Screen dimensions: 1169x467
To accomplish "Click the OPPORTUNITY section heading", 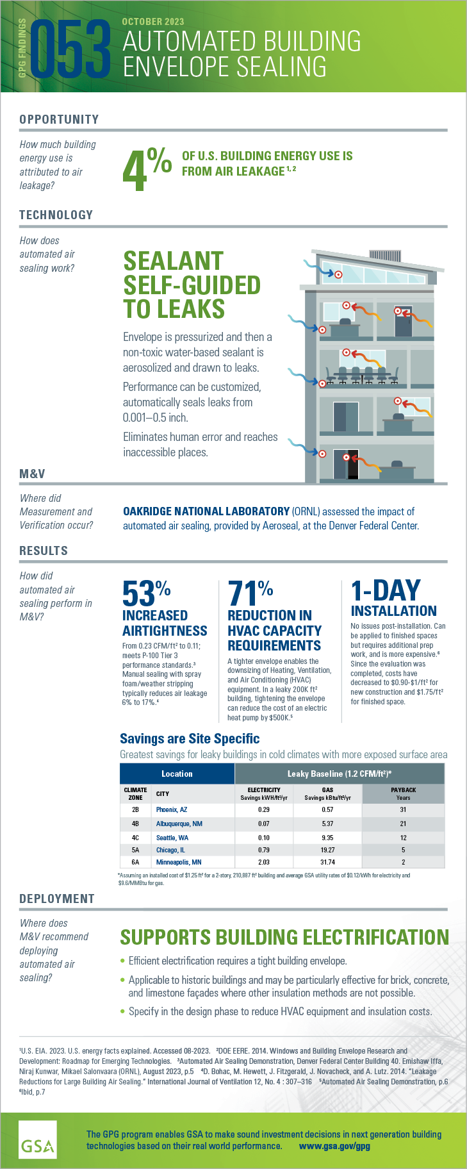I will click(x=59, y=119).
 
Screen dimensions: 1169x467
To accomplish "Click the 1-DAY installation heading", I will click(x=386, y=591).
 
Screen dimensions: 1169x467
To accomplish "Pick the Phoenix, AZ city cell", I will click(x=172, y=809).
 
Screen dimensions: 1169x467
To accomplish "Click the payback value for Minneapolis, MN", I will click(x=403, y=862).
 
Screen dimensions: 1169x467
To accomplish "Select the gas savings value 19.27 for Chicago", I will click(x=327, y=850).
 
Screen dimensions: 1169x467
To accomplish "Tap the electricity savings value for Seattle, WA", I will click(x=263, y=838).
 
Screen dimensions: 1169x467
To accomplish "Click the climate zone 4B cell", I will click(x=135, y=824).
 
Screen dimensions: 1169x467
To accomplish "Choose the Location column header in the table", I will click(x=177, y=774).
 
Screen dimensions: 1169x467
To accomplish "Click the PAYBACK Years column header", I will click(x=403, y=793).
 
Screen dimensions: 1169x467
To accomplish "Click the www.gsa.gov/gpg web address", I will click(x=334, y=1146).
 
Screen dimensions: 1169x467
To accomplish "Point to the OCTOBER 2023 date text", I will click(x=152, y=22).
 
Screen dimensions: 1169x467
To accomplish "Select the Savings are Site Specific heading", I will click(x=190, y=738).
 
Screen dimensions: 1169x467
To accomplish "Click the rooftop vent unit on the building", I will click(x=385, y=255).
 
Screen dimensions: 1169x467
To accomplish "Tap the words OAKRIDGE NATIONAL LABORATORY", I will click(x=206, y=511).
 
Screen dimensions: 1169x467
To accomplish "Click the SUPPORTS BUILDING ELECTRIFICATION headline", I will click(x=284, y=937).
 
